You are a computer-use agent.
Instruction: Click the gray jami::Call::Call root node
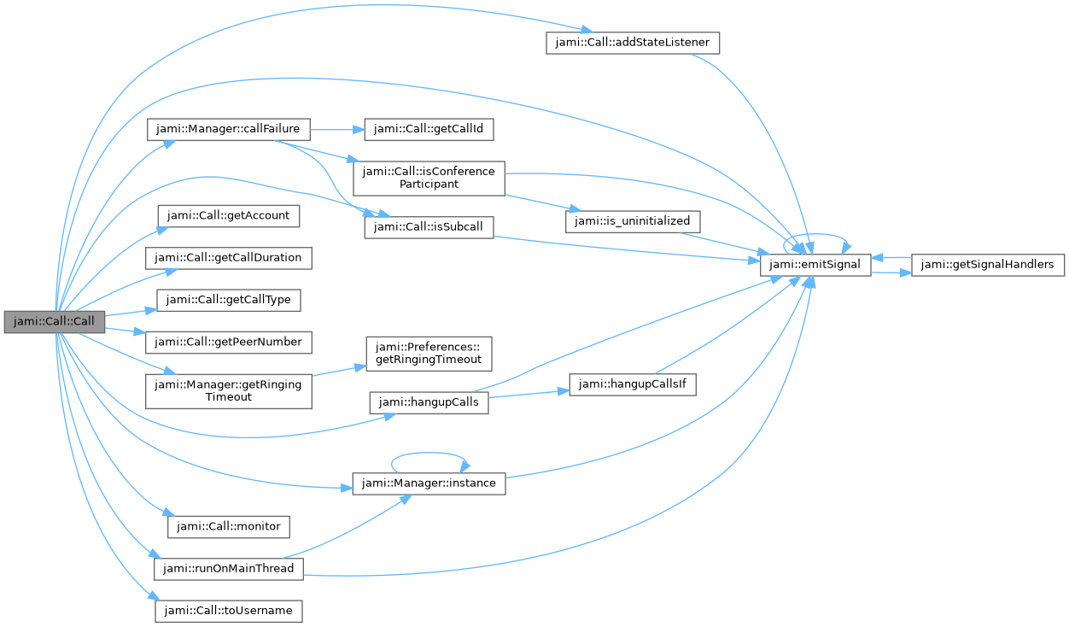pyautogui.click(x=54, y=322)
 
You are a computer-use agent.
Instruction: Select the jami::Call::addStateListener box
pyautogui.click(x=633, y=43)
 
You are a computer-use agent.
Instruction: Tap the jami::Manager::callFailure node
pyautogui.click(x=227, y=129)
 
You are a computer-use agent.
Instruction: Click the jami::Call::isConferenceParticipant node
pyautogui.click(x=429, y=178)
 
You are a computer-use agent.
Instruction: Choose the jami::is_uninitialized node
pyautogui.click(x=633, y=220)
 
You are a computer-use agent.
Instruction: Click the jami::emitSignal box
pyautogui.click(x=815, y=265)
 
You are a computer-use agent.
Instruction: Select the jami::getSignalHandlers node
pyautogui.click(x=989, y=265)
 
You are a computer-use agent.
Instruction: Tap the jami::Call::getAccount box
pyautogui.click(x=227, y=215)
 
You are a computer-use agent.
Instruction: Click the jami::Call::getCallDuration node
pyautogui.click(x=227, y=257)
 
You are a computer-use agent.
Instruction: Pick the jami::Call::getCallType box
pyautogui.click(x=227, y=300)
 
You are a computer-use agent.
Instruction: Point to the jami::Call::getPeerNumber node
pyautogui.click(x=227, y=342)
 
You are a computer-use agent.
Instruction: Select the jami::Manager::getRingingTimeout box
pyautogui.click(x=227, y=390)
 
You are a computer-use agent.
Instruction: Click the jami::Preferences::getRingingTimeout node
pyautogui.click(x=429, y=353)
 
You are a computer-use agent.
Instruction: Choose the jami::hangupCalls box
pyautogui.click(x=429, y=402)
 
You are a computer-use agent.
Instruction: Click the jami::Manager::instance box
pyautogui.click(x=429, y=483)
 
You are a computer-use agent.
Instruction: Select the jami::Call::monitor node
pyautogui.click(x=227, y=526)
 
